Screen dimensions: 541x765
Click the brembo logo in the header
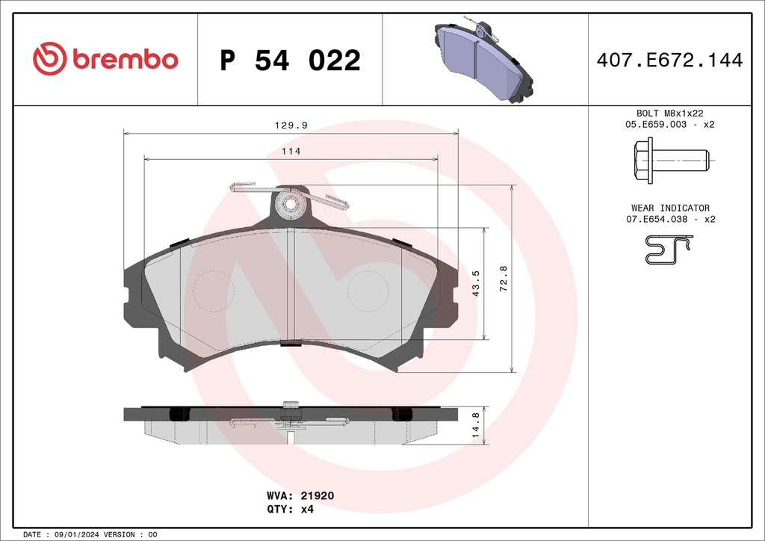tap(105, 59)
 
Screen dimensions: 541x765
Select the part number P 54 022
tap(290, 61)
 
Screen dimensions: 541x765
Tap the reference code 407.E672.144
tap(669, 61)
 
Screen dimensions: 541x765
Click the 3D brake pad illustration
tap(485, 59)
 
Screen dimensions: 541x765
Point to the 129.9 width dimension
tap(291, 126)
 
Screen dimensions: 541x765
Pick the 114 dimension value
tap(291, 152)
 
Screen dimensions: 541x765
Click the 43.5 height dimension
tap(476, 284)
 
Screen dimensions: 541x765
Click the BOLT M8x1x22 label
tap(669, 113)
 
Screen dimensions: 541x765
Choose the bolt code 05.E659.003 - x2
tap(669, 125)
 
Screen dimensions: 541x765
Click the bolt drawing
tap(669, 160)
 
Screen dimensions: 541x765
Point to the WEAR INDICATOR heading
tap(669, 208)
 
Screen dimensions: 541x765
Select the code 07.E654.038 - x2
tap(669, 220)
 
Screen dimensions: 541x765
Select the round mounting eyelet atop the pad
tap(290, 204)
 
